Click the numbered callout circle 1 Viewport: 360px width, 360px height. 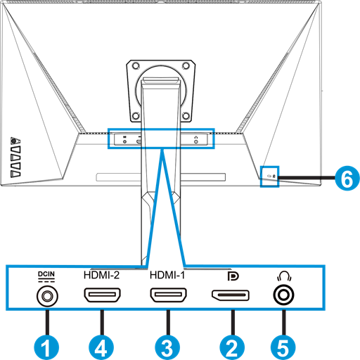point(46,347)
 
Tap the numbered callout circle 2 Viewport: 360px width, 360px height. point(232,347)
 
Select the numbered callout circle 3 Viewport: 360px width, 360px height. point(167,347)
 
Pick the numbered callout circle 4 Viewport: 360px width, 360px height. point(101,347)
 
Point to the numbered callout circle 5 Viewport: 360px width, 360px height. point(283,347)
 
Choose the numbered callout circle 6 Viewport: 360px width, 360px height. point(347,178)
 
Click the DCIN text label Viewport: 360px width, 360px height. point(46,274)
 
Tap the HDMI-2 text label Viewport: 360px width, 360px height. point(101,275)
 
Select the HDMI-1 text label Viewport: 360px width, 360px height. point(167,275)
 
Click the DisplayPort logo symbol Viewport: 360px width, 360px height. point(233,276)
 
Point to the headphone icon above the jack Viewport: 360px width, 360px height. point(284,276)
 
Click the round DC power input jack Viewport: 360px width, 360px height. point(47,296)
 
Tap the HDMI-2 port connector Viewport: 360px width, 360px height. point(102,295)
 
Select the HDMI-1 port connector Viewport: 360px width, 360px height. point(168,295)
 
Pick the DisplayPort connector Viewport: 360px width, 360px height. point(231,295)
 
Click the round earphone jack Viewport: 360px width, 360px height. point(283,295)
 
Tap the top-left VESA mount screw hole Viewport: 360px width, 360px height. point(136,66)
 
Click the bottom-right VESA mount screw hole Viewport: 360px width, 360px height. point(186,116)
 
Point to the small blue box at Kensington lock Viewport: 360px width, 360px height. point(270,176)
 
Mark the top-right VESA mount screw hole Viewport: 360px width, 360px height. point(186,66)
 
